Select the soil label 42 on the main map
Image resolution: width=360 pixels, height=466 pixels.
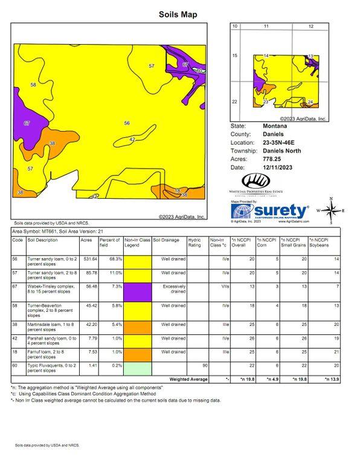coord(132,140)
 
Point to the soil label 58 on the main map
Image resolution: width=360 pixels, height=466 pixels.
coord(33,85)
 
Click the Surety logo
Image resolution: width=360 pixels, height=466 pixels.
coord(271,212)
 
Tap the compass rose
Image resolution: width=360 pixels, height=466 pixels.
coord(332,211)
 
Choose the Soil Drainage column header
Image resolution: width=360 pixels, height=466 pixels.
coord(166,240)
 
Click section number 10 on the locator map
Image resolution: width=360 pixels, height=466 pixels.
coord(236,27)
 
